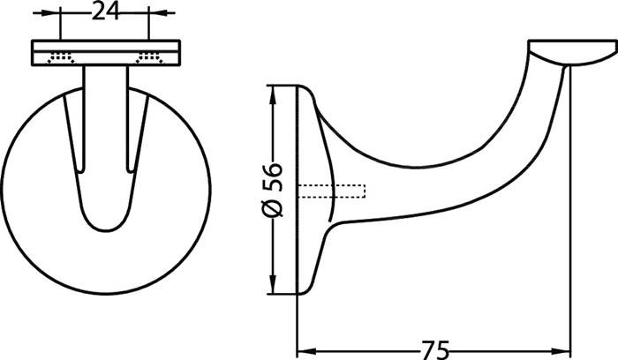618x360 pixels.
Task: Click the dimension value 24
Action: click(106, 13)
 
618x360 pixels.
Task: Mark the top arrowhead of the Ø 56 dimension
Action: click(274, 90)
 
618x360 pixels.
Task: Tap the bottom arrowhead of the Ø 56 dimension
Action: click(274, 289)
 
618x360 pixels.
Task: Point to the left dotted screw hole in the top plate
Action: click(61, 59)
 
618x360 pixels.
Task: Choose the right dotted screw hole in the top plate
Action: click(150, 59)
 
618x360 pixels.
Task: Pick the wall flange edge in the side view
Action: click(307, 190)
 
